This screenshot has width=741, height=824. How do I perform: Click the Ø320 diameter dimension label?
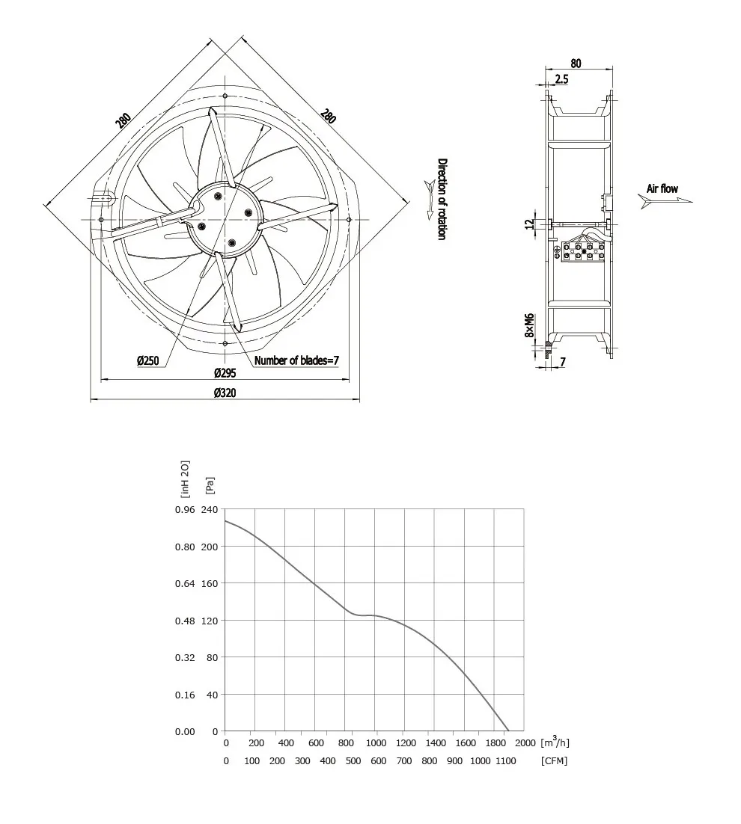225,393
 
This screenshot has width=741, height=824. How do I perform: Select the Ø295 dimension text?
225,372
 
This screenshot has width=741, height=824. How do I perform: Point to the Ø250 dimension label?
147,360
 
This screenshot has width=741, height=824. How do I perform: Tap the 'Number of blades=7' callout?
297,360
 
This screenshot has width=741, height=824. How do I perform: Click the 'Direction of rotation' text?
442,199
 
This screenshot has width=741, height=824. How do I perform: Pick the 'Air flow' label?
662,188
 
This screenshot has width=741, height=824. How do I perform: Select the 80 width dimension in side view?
576,64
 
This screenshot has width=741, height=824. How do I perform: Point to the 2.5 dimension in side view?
561,79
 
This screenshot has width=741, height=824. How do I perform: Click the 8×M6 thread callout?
528,326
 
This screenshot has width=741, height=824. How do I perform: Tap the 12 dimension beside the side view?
528,224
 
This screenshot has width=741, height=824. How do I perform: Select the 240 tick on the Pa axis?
209,509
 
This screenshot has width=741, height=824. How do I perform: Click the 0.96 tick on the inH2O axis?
184,509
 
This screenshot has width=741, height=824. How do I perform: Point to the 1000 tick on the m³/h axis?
376,743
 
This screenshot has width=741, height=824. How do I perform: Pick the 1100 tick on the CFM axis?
505,761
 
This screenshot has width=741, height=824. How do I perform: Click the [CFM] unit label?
553,761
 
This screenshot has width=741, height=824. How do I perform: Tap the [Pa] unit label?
210,485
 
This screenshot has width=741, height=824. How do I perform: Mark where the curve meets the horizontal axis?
509,731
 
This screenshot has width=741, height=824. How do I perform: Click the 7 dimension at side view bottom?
562,362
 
